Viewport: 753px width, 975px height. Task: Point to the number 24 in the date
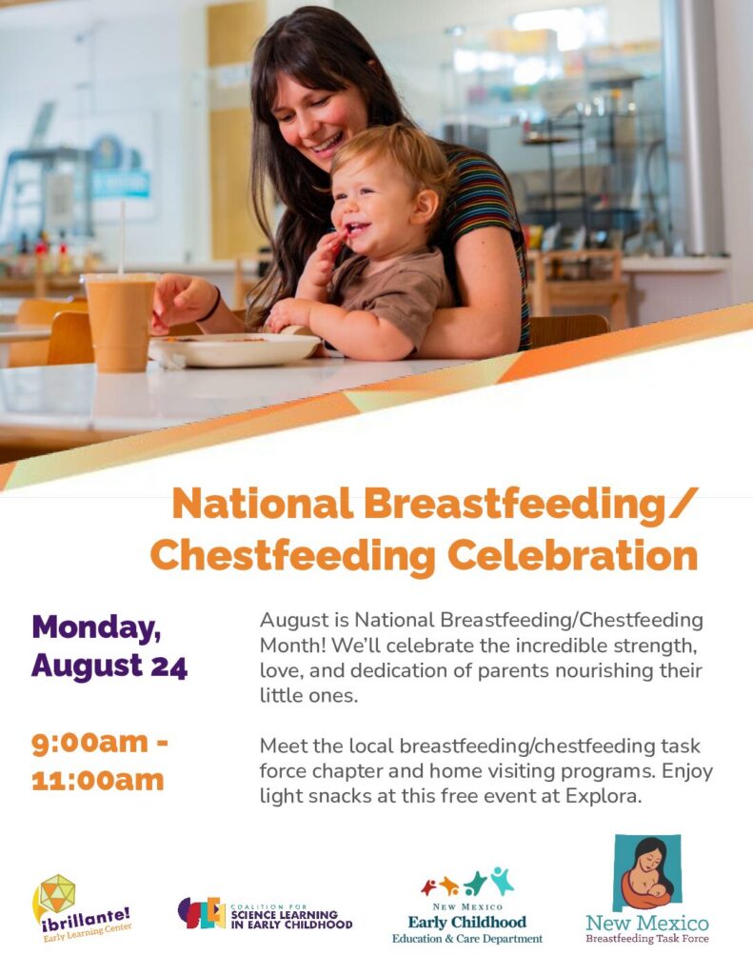pos(168,666)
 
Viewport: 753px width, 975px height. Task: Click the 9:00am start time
pos(90,742)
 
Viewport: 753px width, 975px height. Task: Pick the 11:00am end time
pos(98,780)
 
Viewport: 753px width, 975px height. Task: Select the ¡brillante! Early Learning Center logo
pos(82,907)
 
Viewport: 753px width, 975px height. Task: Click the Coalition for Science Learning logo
pos(265,913)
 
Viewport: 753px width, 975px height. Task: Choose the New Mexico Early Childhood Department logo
pos(467,905)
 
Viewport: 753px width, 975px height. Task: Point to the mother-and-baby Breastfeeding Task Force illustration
pos(646,873)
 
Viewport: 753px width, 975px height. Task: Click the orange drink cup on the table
pos(120,323)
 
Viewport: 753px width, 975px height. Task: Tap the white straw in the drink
pos(122,237)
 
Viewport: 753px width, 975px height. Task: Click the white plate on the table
pos(234,348)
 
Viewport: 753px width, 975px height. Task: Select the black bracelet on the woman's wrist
pos(212,305)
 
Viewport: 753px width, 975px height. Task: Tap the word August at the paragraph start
pos(294,621)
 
